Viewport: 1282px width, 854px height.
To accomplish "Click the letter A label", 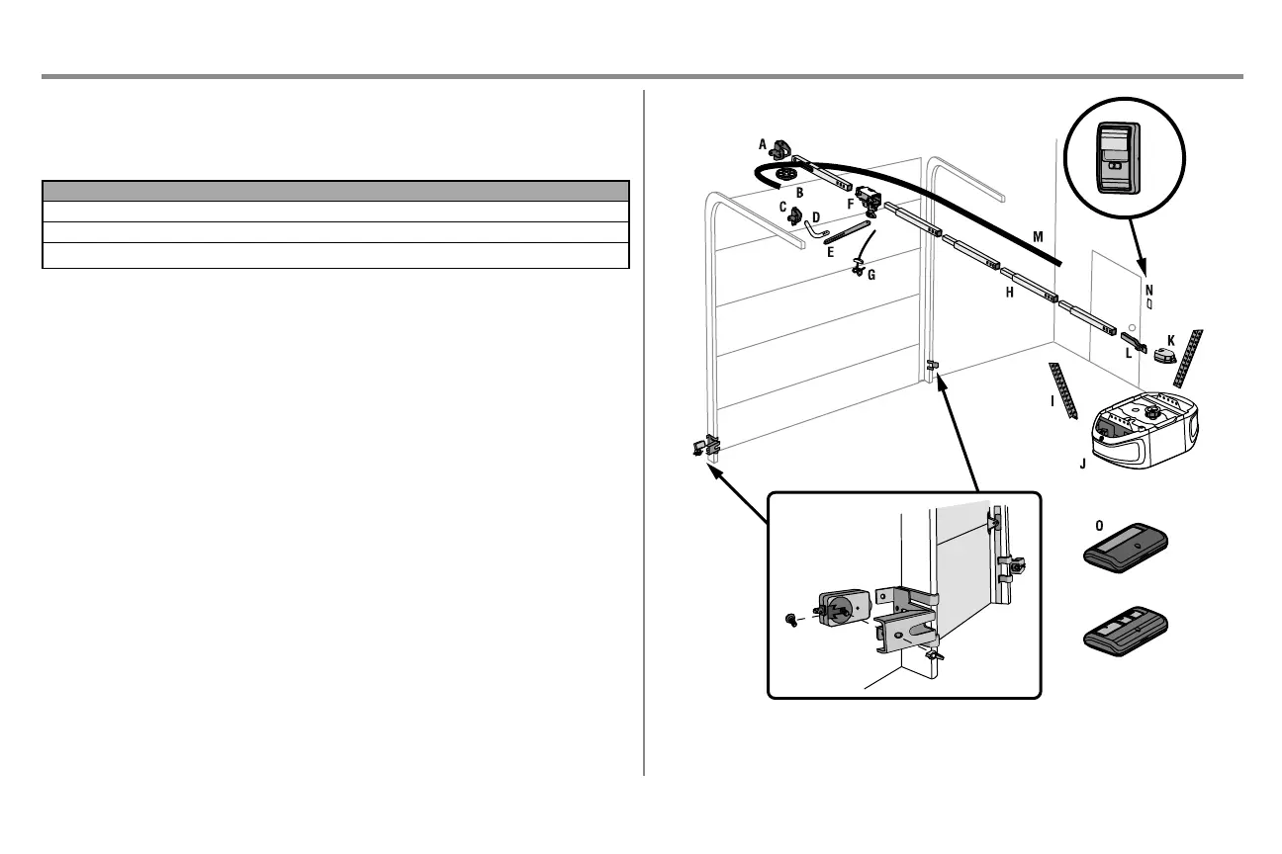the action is click(762, 144).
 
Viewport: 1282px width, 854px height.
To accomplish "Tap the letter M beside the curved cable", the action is click(1037, 236).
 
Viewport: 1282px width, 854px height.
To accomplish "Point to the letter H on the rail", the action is click(1009, 294).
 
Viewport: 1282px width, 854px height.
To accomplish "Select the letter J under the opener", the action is click(1083, 463).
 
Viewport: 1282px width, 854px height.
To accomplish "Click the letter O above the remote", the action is click(1099, 525).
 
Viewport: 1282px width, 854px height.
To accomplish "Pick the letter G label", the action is click(870, 276).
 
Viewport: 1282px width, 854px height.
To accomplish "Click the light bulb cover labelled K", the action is click(1164, 355).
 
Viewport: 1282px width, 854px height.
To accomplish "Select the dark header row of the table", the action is click(336, 191).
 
